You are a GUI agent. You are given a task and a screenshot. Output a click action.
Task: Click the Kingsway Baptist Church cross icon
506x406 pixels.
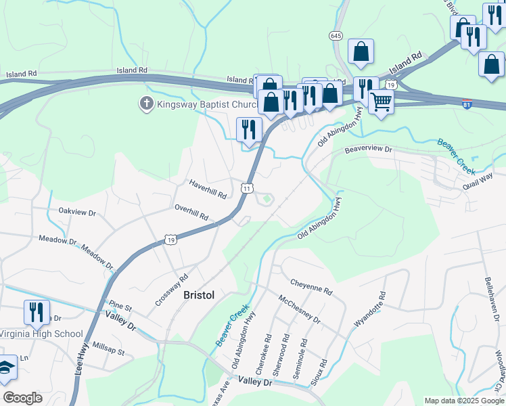click(x=145, y=104)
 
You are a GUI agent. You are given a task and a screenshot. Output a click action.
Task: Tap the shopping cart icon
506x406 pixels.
click(x=382, y=102)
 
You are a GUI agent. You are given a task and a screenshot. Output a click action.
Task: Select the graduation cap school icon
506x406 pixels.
click(x=5, y=367)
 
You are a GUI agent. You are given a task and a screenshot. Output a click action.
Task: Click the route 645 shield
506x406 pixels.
click(x=336, y=35)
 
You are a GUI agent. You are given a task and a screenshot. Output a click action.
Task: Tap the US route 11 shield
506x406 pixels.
click(x=248, y=187)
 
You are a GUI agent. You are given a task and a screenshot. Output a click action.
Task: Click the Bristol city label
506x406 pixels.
click(x=199, y=296)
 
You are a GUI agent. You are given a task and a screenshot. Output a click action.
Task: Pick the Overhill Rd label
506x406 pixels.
click(x=191, y=212)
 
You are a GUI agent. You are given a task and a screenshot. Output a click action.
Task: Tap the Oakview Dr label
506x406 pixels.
click(x=78, y=212)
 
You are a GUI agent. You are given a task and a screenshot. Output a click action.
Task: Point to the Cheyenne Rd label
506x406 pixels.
click(x=311, y=286)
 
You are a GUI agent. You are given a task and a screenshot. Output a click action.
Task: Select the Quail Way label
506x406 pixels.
click(x=478, y=180)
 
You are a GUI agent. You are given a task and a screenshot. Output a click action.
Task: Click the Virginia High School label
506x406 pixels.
click(x=41, y=334)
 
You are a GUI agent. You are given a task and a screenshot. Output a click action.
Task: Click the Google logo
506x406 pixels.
click(x=23, y=398)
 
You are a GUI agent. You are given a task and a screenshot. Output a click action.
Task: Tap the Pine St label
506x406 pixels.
click(x=119, y=309)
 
